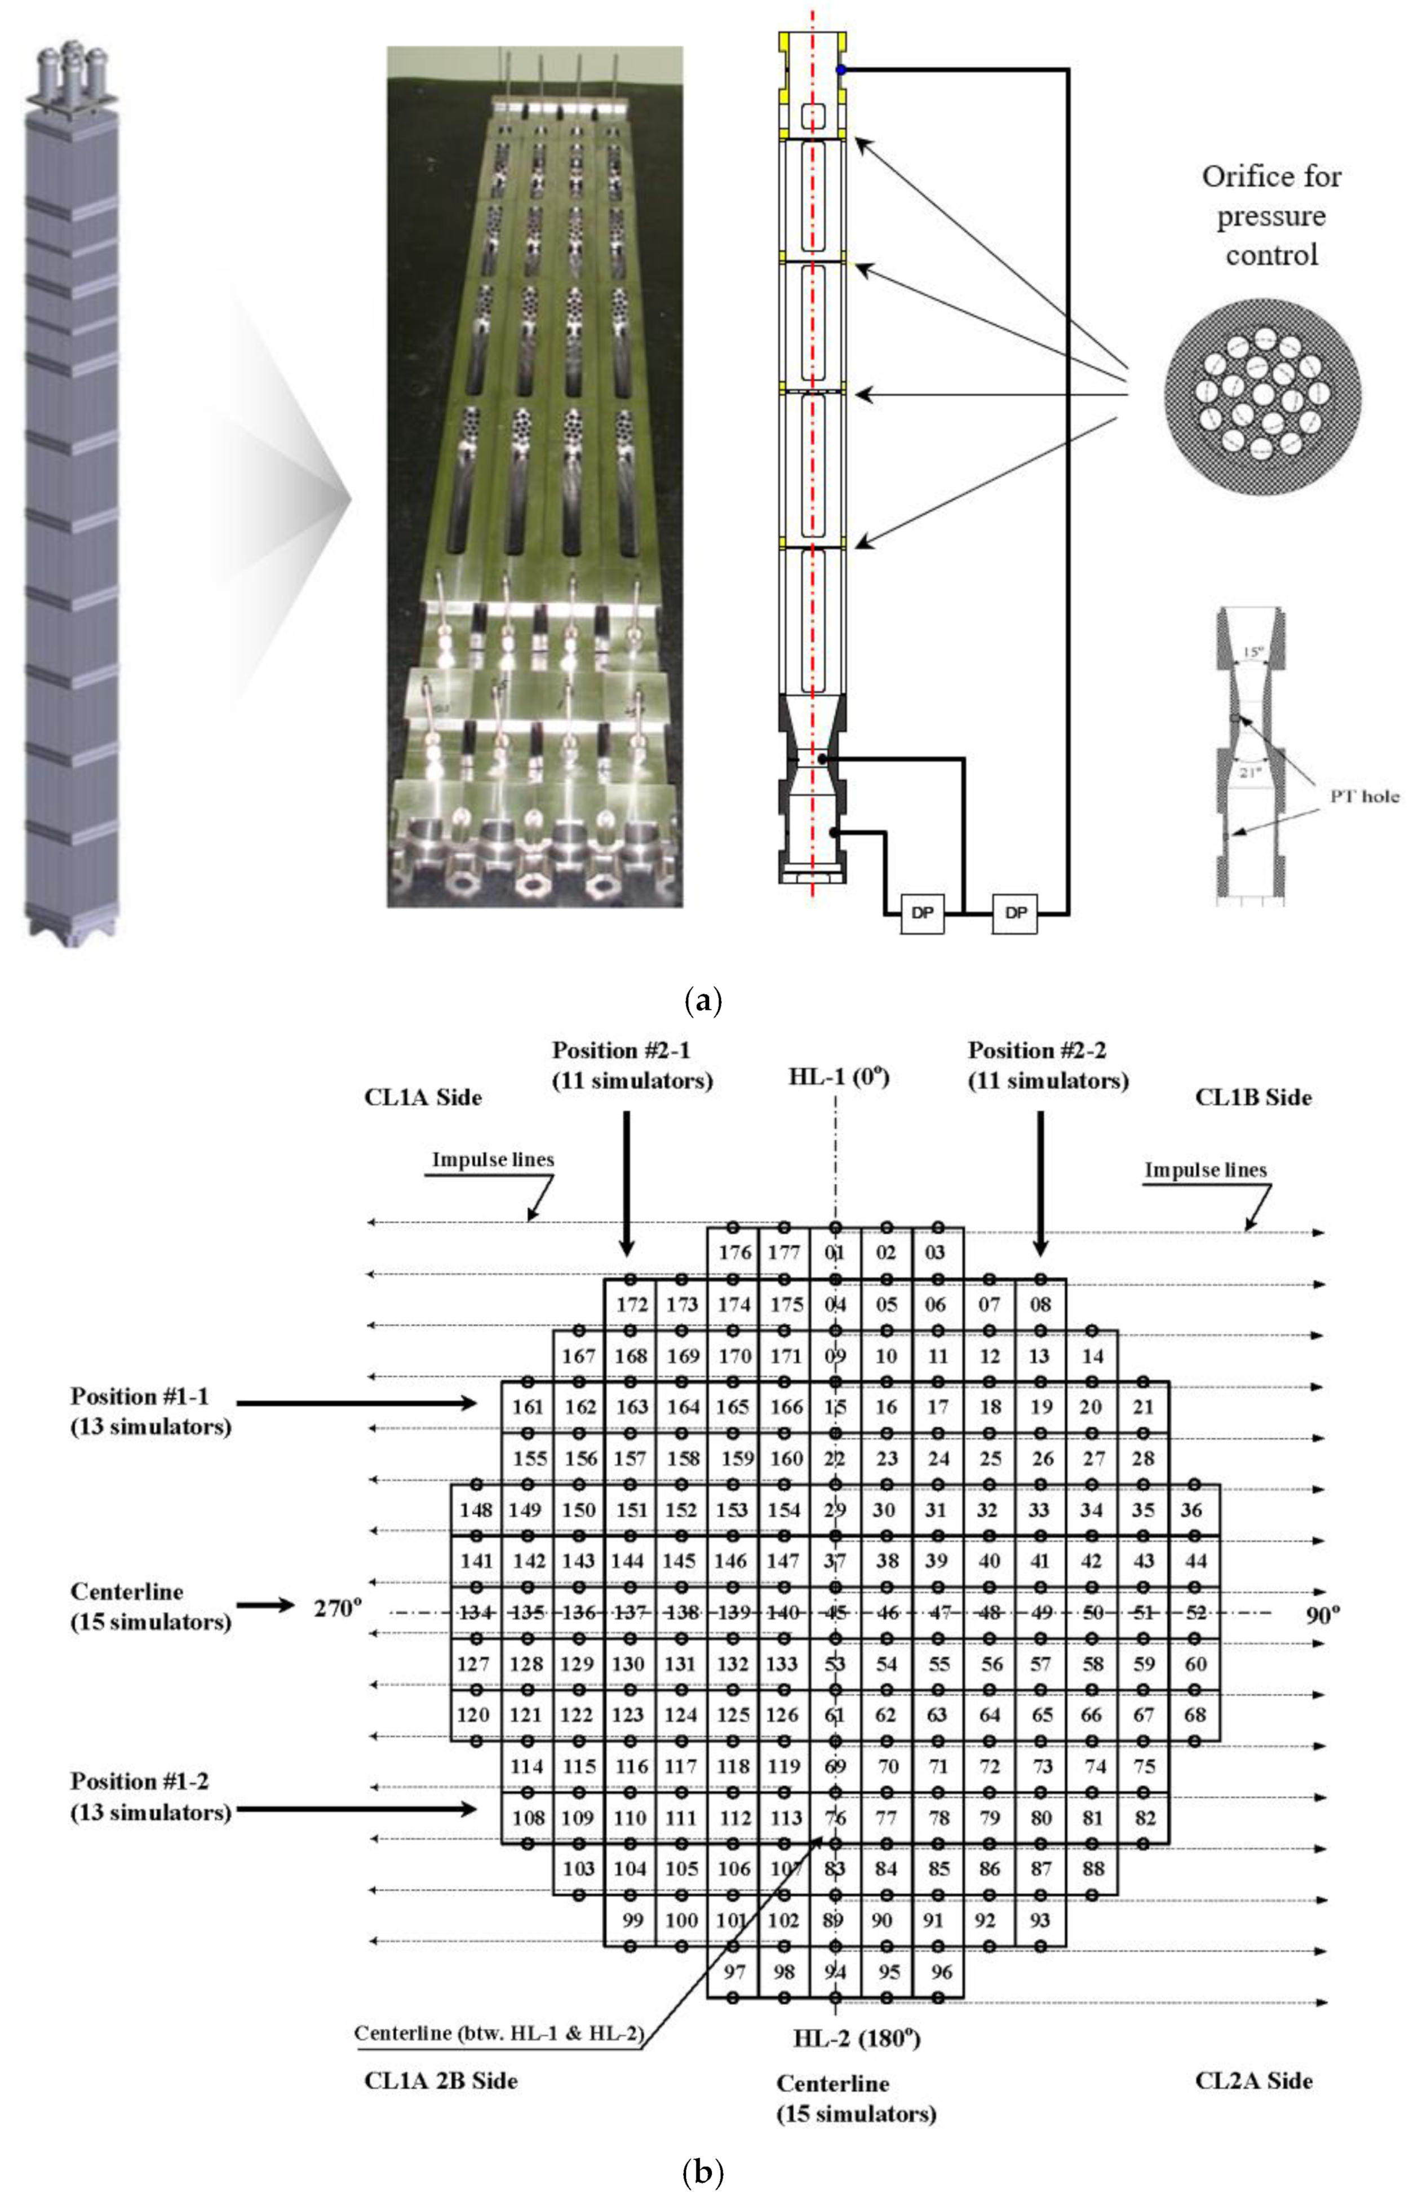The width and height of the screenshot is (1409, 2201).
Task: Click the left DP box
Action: tap(922, 912)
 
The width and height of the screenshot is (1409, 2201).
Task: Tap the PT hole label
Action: tap(1364, 796)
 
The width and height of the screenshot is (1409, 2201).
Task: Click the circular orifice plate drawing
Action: tap(1262, 396)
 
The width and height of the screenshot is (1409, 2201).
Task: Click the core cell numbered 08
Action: tap(1040, 1304)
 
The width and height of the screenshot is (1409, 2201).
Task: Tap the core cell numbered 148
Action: tap(476, 1510)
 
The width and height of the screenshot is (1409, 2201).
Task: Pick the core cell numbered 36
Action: tap(1191, 1510)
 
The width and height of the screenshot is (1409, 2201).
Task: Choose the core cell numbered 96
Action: tap(941, 1972)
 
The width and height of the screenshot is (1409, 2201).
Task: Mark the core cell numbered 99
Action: tap(631, 1920)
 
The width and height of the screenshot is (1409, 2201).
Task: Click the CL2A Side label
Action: tap(1253, 2080)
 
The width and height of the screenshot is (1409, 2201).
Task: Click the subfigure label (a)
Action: tap(703, 1000)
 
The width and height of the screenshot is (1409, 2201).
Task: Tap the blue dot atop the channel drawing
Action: tap(841, 69)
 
